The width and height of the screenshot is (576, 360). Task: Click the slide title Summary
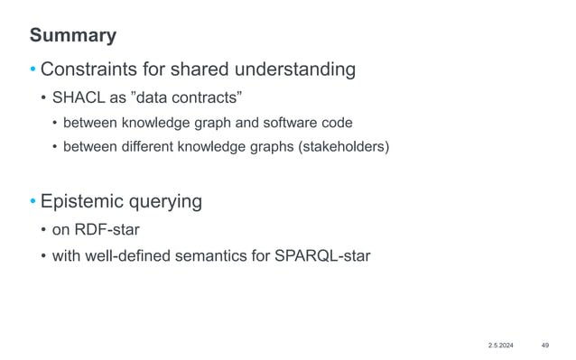[72, 35]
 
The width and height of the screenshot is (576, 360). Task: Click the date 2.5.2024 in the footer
[503, 345]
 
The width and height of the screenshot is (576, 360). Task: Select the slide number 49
[545, 345]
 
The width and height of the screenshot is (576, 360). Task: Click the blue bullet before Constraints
[33, 70]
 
